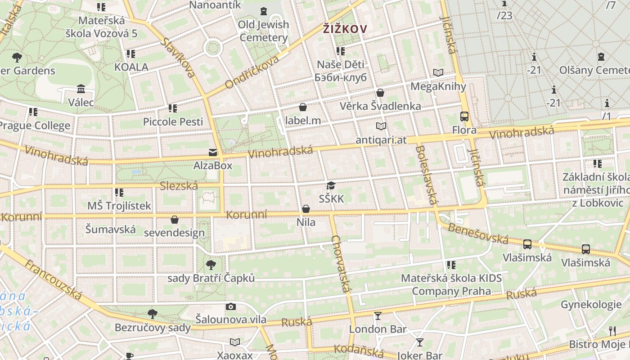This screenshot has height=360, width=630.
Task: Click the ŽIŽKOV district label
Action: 345,29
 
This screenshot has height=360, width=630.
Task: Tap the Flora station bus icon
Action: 464,117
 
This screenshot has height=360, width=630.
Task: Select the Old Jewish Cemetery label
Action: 263,31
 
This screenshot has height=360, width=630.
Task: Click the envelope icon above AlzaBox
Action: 212,153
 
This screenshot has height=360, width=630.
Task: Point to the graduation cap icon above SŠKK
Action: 331,185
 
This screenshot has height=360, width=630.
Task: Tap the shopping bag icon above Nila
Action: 306,209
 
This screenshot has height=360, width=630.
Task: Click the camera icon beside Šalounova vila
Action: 231,307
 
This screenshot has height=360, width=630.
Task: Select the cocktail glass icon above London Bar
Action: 378,316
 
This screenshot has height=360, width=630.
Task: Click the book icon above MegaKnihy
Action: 438,72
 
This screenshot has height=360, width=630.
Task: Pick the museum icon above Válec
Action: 81,89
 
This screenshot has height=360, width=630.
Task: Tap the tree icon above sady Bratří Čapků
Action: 211,265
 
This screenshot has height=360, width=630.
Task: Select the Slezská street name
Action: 179,185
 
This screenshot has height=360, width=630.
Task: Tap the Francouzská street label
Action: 53,279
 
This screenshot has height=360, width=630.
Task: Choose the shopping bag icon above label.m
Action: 303,107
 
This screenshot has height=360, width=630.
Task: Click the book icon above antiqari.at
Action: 381,126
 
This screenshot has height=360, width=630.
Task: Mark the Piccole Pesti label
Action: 173,121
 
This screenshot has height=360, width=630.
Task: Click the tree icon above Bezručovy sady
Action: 153,314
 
